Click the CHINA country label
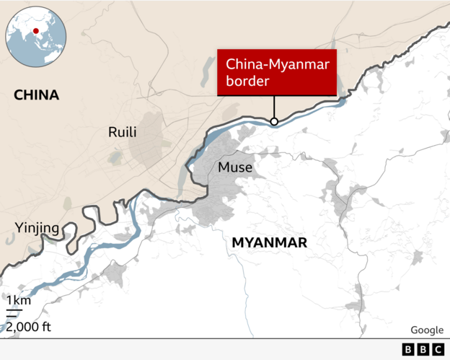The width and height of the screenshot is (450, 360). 36,95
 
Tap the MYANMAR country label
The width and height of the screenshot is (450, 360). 269,243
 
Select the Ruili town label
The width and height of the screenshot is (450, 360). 122,132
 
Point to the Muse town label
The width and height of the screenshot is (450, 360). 234,167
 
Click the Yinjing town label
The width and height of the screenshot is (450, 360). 37,229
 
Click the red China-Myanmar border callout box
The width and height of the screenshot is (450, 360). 277,72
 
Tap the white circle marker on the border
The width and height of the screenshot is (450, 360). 274,121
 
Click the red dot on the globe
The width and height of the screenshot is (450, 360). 35,31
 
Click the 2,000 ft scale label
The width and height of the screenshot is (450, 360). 29,326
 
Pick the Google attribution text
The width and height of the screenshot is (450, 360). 427,330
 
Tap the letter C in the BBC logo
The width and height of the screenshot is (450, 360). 437,349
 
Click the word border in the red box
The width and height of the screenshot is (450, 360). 247,82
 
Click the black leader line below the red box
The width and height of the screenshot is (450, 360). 274,107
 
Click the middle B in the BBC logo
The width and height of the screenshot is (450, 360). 422,349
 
